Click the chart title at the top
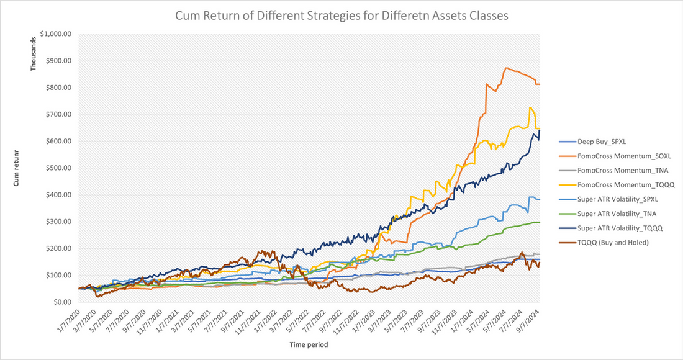pos(341,16)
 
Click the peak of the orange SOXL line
pos(507,68)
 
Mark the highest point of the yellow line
pos(531,107)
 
